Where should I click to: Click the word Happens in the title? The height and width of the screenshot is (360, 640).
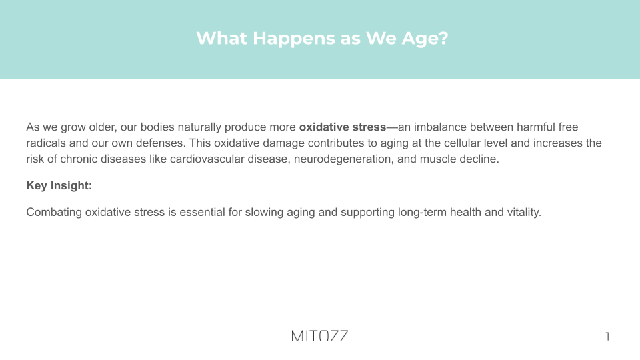click(305, 39)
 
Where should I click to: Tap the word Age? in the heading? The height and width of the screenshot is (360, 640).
click(425, 39)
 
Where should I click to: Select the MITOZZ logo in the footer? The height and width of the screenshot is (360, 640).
click(319, 336)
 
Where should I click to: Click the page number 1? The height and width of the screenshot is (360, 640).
click(608, 336)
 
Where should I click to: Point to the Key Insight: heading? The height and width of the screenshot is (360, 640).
click(59, 186)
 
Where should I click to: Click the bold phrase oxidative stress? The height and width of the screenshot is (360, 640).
click(343, 127)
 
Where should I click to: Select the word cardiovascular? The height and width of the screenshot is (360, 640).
click(207, 159)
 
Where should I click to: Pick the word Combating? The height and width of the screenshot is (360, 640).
click(54, 213)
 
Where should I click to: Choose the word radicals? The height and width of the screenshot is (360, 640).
click(46, 143)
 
